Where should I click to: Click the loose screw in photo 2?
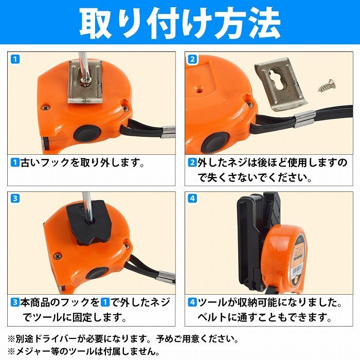tap(327, 85)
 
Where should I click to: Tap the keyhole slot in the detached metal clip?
tap(277, 81)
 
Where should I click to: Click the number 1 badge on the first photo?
tap(15, 59)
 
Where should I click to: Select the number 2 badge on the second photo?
tap(192, 59)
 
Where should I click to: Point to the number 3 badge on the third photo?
tap(15, 198)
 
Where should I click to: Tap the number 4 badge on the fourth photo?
tap(192, 198)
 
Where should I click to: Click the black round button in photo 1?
tap(87, 134)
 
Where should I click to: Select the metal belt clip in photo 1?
tap(85, 81)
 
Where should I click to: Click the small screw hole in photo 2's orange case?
tap(200, 91)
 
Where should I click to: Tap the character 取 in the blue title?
tap(96, 23)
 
